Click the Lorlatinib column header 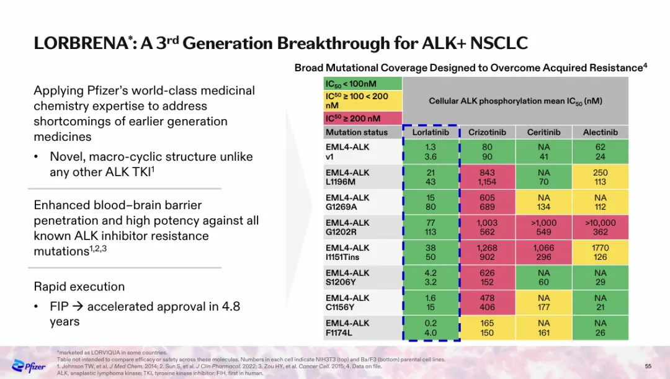pos(431,132)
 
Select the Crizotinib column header pos(487,132)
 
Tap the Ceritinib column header pos(543,132)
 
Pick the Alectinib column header pos(600,132)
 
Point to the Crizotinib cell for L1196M pos(487,177)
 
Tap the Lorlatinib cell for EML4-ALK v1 pos(431,152)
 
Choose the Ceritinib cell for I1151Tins pos(543,252)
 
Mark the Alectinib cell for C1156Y pos(600,303)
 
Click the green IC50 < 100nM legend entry pos(363,84)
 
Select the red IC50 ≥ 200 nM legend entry pos(363,118)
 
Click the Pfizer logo pos(29,365)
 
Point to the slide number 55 pos(648,366)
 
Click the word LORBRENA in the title pos(81,44)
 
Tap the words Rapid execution pos(79,287)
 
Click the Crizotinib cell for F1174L pos(487,328)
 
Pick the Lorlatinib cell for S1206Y pos(431,277)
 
